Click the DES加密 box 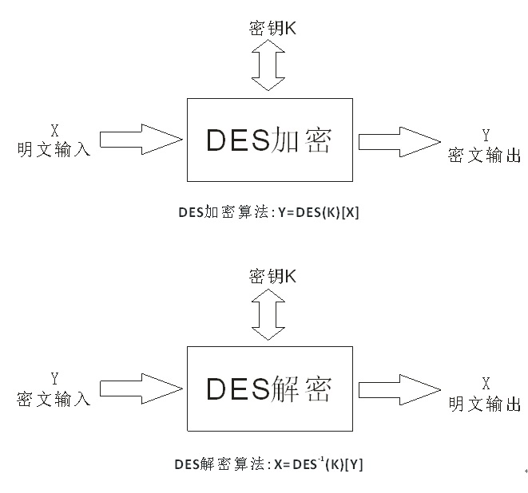(269, 140)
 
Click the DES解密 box (269, 388)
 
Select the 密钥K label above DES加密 (272, 29)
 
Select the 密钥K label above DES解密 (272, 277)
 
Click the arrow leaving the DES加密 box (399, 141)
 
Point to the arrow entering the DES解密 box (141, 388)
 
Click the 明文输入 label (54, 148)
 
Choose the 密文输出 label (485, 156)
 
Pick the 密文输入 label (54, 397)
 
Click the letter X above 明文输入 (54, 128)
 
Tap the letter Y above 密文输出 (485, 135)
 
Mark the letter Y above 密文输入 (54, 377)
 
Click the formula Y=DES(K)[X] (319, 213)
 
